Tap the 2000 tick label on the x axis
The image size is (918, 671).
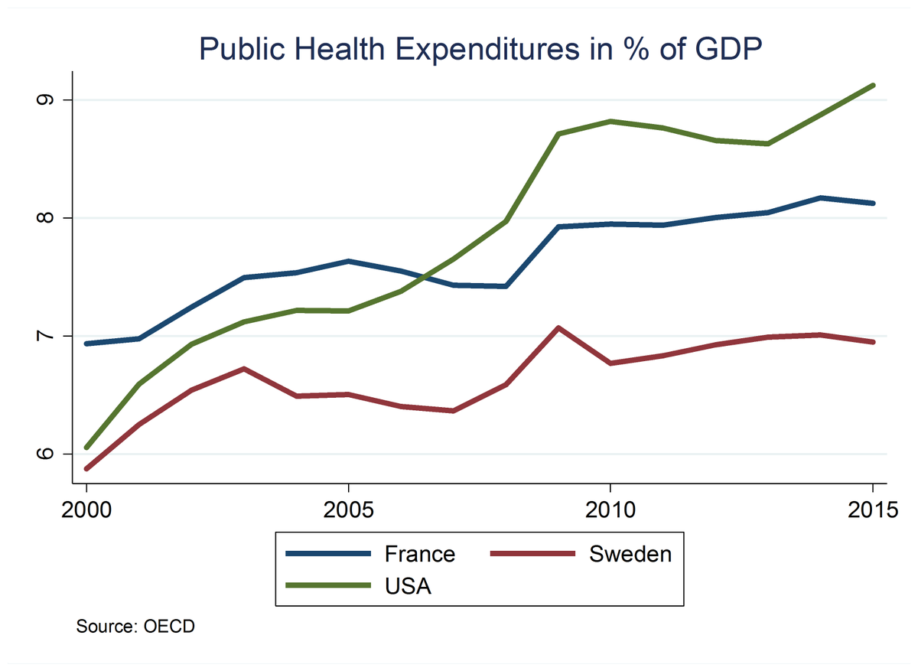[x=86, y=508]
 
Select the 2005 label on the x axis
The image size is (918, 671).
[x=348, y=508]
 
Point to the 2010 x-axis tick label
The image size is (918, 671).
[x=610, y=508]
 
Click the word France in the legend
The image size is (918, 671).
[x=419, y=553]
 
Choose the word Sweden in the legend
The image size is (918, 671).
[x=630, y=553]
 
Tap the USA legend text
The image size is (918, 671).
[x=408, y=587]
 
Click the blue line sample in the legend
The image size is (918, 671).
[x=328, y=553]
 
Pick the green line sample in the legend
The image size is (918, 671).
[x=328, y=587]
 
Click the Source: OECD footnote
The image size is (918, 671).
[x=135, y=627]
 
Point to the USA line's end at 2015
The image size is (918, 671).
[x=873, y=86]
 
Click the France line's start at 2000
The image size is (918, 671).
[x=87, y=344]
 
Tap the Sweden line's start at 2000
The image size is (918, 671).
[x=87, y=468]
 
